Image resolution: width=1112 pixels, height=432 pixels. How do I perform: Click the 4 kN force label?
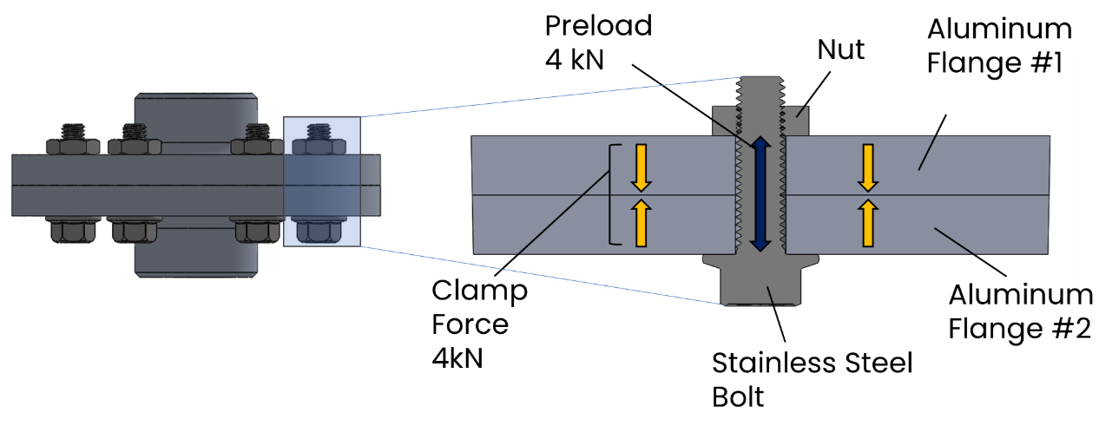pos(574,61)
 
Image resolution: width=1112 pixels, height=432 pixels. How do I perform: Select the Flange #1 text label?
pos(994,63)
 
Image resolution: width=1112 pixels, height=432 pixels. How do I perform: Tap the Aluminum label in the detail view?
pos(1010,295)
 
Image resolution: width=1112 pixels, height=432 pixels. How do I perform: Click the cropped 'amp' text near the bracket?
pos(493,291)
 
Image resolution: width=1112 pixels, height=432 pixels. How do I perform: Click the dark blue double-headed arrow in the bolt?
pos(760,193)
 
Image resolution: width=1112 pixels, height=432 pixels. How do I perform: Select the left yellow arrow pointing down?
pos(641,167)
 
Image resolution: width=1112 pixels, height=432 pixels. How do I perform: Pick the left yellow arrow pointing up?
pos(641,223)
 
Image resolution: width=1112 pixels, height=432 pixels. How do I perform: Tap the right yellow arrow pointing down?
pos(867,167)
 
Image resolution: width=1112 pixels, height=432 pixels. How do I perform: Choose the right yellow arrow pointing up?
pos(867,223)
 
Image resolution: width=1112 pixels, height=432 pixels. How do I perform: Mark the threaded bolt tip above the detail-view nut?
pos(760,91)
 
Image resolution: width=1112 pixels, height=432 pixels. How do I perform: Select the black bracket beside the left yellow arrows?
pos(615,194)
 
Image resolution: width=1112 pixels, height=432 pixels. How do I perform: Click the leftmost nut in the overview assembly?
pos(73,146)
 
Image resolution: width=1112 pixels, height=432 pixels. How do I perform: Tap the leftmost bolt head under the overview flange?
pos(73,230)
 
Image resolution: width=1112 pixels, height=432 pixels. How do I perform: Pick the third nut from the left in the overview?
pos(257,146)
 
